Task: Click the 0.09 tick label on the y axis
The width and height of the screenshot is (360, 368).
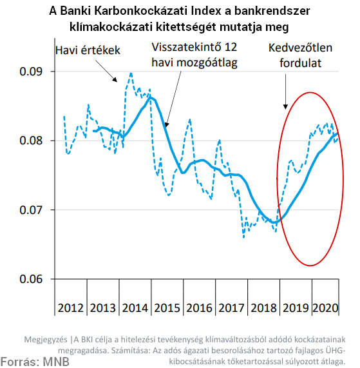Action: [x=31, y=71]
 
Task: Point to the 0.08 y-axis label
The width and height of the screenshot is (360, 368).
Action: [x=31, y=140]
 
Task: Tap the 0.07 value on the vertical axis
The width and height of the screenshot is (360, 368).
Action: [x=31, y=209]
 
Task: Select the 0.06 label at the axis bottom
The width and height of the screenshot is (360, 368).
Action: [x=31, y=279]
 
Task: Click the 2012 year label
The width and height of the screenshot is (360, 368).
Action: [x=71, y=308]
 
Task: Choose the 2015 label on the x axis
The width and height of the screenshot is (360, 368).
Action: [x=167, y=308]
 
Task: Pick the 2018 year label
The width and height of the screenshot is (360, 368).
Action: [x=263, y=308]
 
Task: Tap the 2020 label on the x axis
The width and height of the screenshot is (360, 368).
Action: [x=325, y=308]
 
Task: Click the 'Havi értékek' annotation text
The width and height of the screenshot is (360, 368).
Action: [x=88, y=50]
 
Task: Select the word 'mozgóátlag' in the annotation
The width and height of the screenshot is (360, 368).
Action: [x=207, y=63]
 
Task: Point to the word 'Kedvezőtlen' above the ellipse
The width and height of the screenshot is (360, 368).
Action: [x=301, y=48]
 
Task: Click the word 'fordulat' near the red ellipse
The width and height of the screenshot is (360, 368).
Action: [x=301, y=63]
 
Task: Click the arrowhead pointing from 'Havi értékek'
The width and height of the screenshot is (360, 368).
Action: [x=115, y=79]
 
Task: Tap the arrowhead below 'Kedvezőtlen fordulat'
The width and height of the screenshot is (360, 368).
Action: [x=285, y=106]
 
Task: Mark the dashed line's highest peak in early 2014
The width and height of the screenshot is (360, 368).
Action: [x=131, y=73]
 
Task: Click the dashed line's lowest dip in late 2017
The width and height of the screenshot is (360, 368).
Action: [x=243, y=237]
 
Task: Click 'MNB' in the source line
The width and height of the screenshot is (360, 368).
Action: [x=56, y=362]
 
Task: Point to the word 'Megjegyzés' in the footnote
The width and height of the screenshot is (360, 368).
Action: [x=46, y=340]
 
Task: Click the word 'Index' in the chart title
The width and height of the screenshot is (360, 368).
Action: [x=206, y=11]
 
